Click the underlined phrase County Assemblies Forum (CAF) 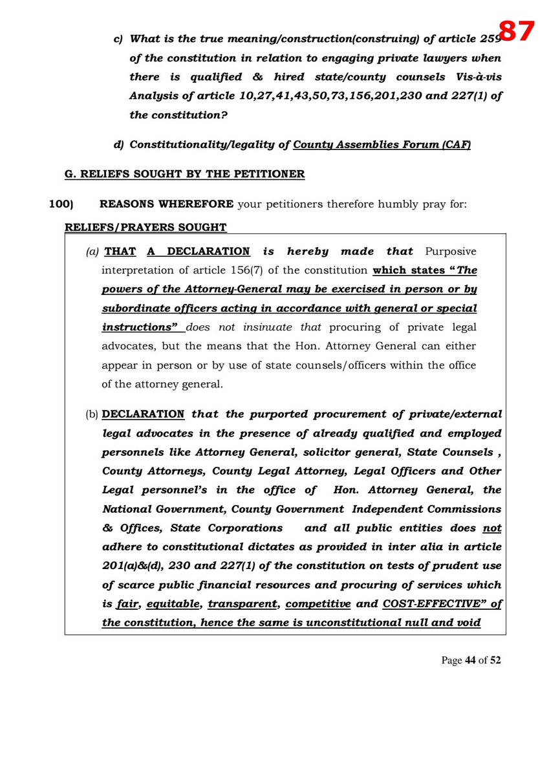pos(382,145)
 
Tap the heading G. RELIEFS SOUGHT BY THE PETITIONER pos(184,175)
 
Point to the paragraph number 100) pos(62,204)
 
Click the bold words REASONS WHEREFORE pos(166,204)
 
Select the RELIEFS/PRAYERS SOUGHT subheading pos(145,228)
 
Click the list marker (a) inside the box pos(92,252)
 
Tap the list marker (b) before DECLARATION pos(93,414)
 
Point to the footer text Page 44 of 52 pos(471,660)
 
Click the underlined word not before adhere pos(492,528)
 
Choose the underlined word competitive pos(318,604)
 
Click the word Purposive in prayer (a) pos(450,252)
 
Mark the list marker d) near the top pos(118,145)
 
